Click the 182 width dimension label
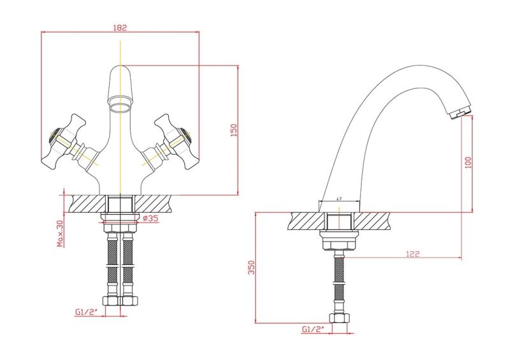tap(120, 27)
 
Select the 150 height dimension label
tap(234, 130)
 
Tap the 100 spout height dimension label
tap(468, 163)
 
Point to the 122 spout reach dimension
tap(412, 254)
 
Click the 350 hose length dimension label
tap(251, 268)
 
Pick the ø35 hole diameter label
tap(150, 219)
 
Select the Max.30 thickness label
tap(60, 234)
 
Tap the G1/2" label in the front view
tap(85, 312)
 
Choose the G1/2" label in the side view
tap(312, 329)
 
